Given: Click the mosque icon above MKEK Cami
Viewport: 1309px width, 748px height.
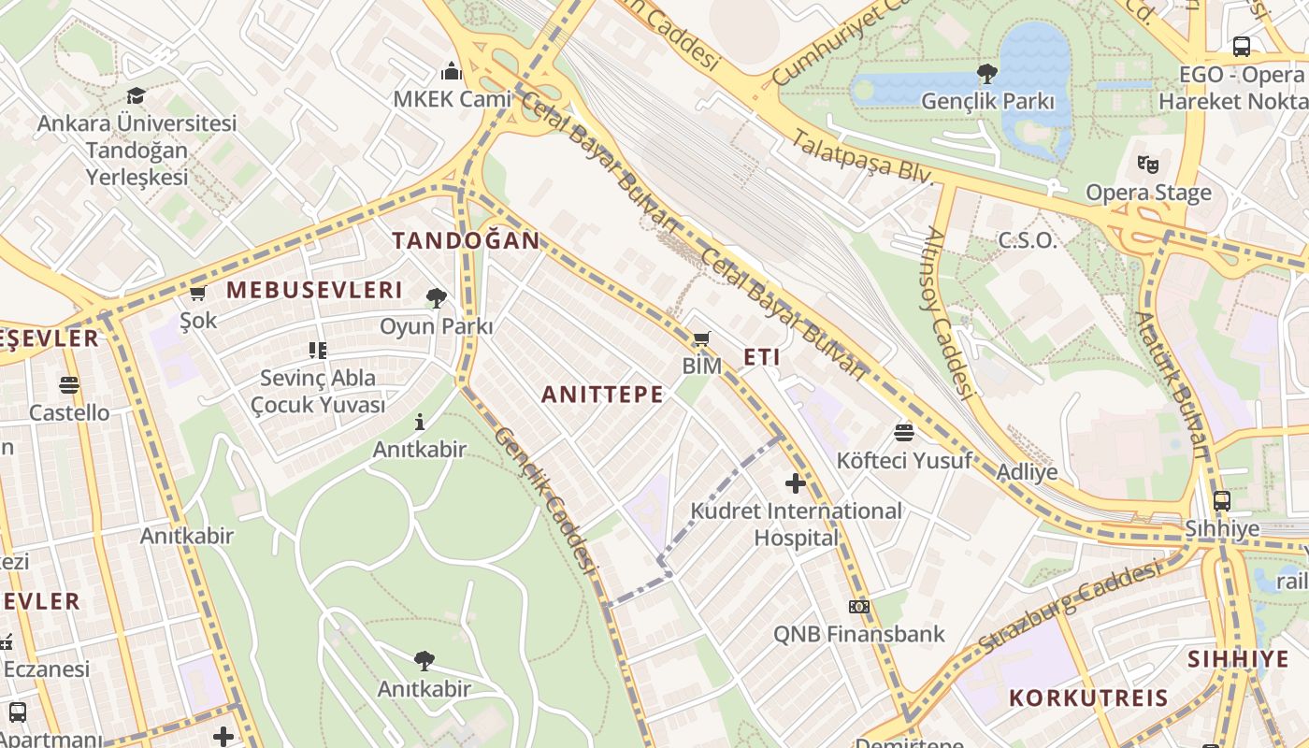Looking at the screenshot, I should click(x=452, y=71).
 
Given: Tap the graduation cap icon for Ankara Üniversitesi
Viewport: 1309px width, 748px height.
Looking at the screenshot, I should click(x=137, y=95).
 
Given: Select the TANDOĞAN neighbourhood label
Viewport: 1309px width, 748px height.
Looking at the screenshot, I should click(x=466, y=240).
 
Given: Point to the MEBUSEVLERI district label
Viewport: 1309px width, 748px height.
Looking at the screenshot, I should click(x=314, y=290).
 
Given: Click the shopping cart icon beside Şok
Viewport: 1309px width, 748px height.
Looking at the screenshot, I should click(x=197, y=294).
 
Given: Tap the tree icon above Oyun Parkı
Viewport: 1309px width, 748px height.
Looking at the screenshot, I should click(x=436, y=298).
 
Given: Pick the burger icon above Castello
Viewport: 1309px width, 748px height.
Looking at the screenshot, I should click(x=68, y=384).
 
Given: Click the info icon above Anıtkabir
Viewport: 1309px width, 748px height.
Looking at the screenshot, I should click(x=420, y=422).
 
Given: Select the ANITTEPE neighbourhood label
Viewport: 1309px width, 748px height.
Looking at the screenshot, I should click(x=602, y=395).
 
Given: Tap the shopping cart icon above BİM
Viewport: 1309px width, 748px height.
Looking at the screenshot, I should click(x=701, y=338).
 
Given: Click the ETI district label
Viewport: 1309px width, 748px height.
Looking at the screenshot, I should click(x=761, y=357).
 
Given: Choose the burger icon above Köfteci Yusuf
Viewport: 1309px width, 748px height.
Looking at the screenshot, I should click(x=903, y=432).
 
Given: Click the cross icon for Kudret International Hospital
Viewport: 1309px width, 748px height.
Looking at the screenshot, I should click(x=796, y=483).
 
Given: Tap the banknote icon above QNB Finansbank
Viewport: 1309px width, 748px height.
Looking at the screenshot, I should click(x=858, y=607).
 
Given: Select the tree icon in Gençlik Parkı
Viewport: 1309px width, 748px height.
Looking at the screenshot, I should click(x=986, y=73).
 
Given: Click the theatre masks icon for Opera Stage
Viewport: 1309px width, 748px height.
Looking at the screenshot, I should click(x=1148, y=165).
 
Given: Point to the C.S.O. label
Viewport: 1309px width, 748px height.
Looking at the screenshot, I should click(x=1028, y=240).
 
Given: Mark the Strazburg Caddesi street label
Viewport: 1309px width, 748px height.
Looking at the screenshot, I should click(x=1069, y=606).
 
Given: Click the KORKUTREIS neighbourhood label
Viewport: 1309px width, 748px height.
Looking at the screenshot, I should click(x=1088, y=698).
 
